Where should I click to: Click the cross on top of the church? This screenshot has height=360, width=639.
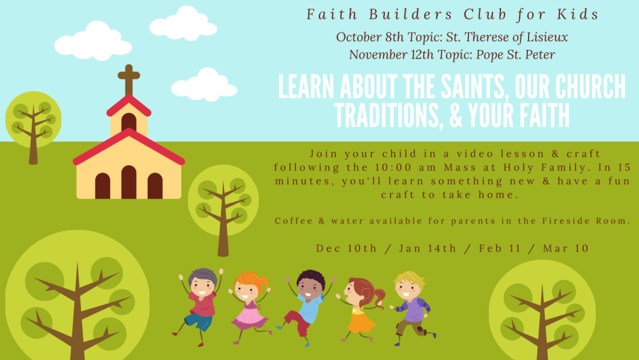point(129,80)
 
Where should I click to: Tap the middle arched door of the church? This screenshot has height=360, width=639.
point(129,182)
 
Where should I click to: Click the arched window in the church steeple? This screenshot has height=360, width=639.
point(129,122)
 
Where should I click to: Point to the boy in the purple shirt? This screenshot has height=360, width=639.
point(412,308)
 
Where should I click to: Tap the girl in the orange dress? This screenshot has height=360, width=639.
point(361,309)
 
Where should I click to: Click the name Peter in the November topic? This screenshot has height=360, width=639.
point(539,54)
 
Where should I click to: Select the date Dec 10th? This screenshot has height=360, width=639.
point(346,248)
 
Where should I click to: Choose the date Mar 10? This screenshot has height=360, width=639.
point(565,248)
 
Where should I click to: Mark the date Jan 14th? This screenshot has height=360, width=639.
point(427,248)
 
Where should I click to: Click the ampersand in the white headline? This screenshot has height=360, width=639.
point(456,115)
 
